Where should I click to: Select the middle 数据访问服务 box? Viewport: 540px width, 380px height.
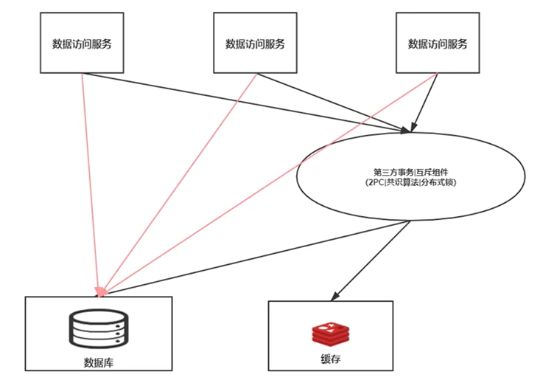tap(255, 42)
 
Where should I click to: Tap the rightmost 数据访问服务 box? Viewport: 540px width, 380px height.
tap(438, 42)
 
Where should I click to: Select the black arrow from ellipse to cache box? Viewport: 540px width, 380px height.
tap(373, 258)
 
